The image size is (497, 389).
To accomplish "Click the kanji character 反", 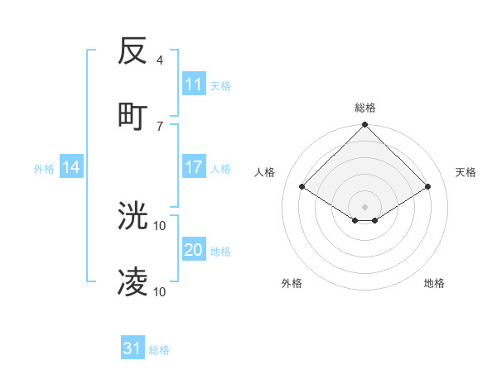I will tap(133, 51).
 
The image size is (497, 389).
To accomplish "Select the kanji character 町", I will tap(133, 115).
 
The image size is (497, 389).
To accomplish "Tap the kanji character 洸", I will tap(133, 216).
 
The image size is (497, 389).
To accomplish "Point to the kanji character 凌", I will tap(133, 281).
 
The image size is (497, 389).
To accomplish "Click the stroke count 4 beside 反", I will tap(160, 60).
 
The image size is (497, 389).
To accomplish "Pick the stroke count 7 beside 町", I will tap(160, 125).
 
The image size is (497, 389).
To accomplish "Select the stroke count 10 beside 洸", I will tap(161, 225).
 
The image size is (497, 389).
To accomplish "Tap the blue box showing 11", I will tap(194, 84).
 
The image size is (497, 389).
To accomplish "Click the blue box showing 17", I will tap(194, 167).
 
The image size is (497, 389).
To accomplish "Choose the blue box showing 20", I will tap(194, 250).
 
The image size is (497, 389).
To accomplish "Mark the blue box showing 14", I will tap(71, 167).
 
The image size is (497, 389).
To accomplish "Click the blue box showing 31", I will tap(133, 348).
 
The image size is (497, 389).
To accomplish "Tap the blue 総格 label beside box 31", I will tap(159, 350).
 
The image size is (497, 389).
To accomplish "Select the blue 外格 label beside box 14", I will tap(44, 169).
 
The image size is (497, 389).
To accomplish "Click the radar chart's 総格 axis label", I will tap(365, 108).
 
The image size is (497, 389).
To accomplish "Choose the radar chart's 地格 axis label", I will tap(434, 283).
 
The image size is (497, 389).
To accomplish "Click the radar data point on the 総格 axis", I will tap(365, 126).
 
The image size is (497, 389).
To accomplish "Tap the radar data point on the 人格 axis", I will tap(302, 187).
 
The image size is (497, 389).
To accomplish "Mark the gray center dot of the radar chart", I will tap(365, 206).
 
